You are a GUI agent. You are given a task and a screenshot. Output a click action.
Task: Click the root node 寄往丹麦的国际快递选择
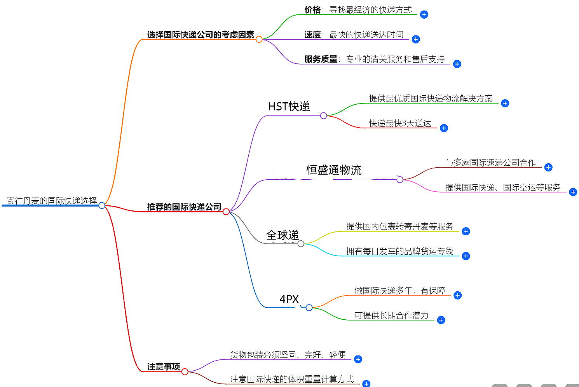tap(52, 201)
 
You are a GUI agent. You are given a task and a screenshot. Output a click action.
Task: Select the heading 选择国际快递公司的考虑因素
tap(201, 35)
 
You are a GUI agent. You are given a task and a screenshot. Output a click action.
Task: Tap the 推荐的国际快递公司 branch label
tap(184, 207)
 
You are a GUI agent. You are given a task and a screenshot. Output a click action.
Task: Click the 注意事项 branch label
tap(164, 367)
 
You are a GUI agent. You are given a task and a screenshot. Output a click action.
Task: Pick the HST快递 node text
tap(289, 107)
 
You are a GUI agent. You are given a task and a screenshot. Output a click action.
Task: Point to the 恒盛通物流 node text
tap(334, 170)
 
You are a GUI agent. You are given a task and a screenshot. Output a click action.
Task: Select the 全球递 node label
tap(282, 235)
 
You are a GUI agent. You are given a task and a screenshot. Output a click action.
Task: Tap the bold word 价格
tap(312, 10)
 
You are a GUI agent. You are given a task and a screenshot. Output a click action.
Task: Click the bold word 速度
tap(312, 35)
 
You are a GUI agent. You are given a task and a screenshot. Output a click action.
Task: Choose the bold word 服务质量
tap(321, 59)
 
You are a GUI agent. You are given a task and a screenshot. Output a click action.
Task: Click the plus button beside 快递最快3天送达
tap(444, 128)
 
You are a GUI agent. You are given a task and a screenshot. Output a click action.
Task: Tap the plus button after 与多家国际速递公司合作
tap(548, 167)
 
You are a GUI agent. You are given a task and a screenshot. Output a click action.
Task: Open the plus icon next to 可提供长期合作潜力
tap(441, 320)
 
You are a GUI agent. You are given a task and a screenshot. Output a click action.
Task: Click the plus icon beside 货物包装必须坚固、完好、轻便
tap(358, 359)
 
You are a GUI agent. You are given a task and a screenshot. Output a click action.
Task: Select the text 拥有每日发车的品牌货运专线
tap(399, 251)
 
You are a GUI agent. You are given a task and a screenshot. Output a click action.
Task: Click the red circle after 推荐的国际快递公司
tap(226, 212)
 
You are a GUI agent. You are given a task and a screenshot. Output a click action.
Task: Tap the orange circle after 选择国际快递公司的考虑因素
tap(259, 39)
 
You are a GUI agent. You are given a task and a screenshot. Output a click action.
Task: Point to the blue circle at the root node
tap(102, 205)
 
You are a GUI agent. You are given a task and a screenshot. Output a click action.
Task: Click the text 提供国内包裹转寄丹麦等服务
tap(399, 226)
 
